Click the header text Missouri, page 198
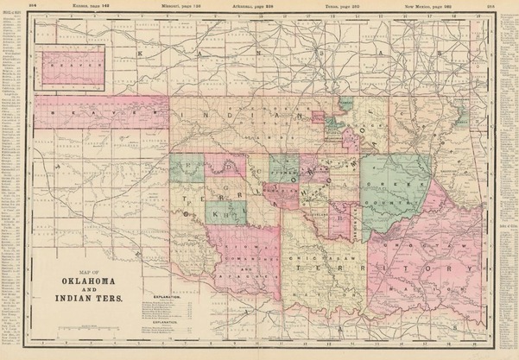pos(180,4)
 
